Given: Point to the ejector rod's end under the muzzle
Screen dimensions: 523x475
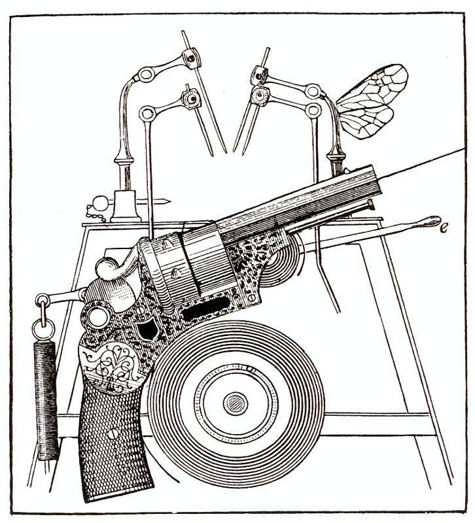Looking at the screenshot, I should [370, 205].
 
